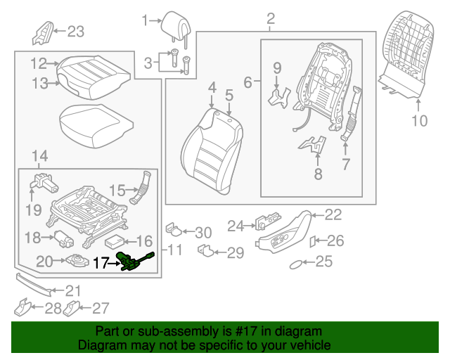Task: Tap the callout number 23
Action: pyautogui.click(x=75, y=31)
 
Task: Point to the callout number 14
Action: pyautogui.click(x=41, y=155)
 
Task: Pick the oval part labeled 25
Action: pyautogui.click(x=298, y=263)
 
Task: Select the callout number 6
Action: pyautogui.click(x=247, y=82)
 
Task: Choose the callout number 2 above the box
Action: pyautogui.click(x=270, y=19)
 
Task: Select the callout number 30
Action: pyautogui.click(x=202, y=233)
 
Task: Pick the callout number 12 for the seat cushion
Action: pyautogui.click(x=38, y=64)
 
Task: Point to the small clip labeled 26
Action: pyautogui.click(x=314, y=241)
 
